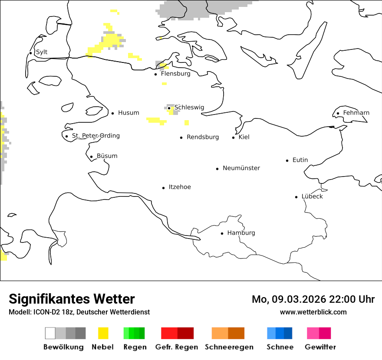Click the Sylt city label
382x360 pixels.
(x=42, y=52)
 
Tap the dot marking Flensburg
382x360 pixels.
(x=155, y=74)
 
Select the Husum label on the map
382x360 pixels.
(x=128, y=113)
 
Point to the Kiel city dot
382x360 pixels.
(x=233, y=137)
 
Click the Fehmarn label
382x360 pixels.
(x=356, y=113)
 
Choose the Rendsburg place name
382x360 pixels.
(x=203, y=137)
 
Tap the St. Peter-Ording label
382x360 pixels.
(x=95, y=136)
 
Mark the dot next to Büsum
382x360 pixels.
(x=91, y=157)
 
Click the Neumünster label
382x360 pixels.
(x=241, y=168)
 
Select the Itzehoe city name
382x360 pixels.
(x=180, y=187)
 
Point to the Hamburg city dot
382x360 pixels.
(x=222, y=233)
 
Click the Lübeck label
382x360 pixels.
(x=312, y=196)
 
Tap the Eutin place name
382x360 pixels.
(x=300, y=160)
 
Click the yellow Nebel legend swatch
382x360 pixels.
(x=103, y=333)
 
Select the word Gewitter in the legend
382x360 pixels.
(x=320, y=347)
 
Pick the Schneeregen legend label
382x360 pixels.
(x=229, y=347)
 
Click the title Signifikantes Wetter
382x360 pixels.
(x=72, y=299)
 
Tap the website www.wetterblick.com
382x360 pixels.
(x=313, y=312)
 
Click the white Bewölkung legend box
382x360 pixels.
(x=50, y=333)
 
